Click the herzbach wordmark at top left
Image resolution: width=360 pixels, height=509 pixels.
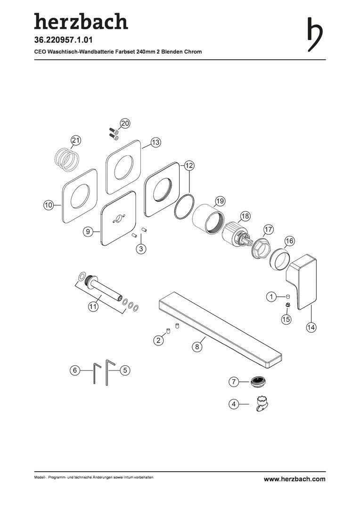(x=81, y=21)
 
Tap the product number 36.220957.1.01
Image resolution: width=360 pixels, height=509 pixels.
(x=63, y=40)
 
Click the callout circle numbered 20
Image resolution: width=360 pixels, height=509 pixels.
(x=125, y=123)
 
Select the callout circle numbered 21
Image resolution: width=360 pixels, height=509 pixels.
(x=76, y=140)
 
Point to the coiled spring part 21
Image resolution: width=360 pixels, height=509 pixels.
(x=66, y=160)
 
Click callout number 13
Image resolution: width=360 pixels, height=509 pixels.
(x=156, y=142)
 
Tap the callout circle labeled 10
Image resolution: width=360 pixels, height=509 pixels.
(x=49, y=205)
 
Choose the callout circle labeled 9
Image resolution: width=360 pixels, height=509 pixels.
(x=87, y=231)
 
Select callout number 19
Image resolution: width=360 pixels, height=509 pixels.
(x=220, y=201)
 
